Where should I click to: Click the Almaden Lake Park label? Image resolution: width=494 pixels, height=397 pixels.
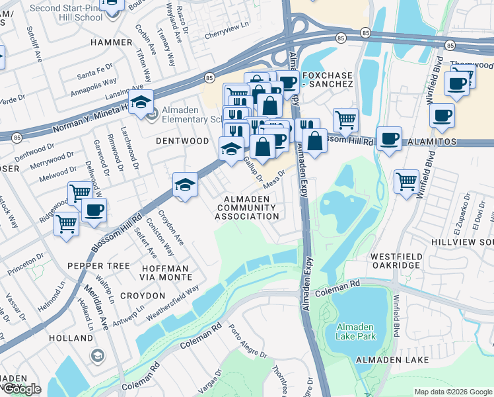click(356, 332)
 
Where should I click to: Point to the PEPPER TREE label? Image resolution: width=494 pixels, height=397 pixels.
click(98, 265)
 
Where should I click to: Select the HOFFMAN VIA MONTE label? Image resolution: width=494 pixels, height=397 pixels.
click(165, 273)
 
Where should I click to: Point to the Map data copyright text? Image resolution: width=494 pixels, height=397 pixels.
click(453, 392)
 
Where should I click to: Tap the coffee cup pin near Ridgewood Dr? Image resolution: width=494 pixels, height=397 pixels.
click(93, 210)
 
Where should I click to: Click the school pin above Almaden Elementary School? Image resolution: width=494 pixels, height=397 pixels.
click(141, 102)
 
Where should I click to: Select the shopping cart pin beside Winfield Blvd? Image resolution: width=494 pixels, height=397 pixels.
click(406, 181)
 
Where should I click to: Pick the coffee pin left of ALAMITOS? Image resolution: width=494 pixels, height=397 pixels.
click(390, 138)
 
